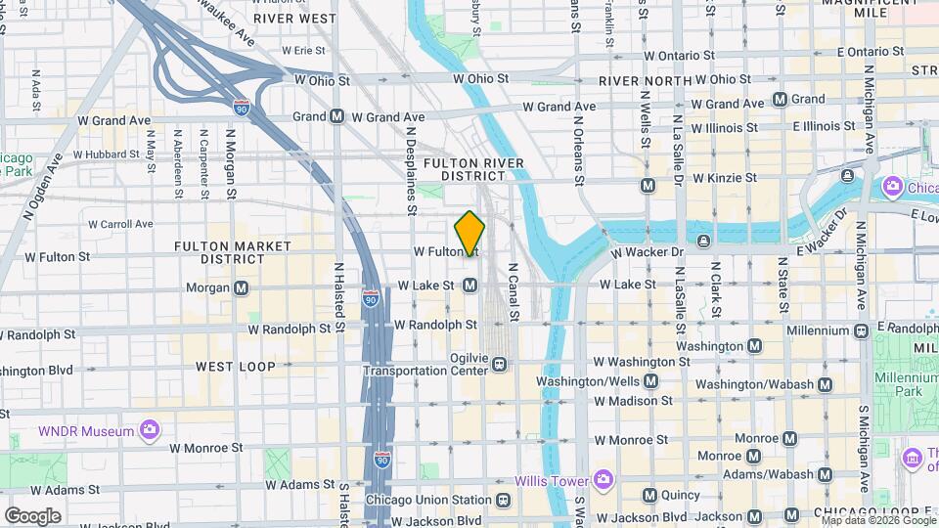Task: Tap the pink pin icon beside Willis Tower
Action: (603, 480)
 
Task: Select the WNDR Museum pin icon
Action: (149, 429)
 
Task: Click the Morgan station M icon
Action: (241, 287)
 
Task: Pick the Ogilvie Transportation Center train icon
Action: (500, 364)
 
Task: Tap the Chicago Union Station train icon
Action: (503, 500)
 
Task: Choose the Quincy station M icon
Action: (649, 495)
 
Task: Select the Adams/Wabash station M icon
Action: (824, 474)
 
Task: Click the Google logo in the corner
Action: (33, 515)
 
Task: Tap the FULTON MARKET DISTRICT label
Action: (220, 252)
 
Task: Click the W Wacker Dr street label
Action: (647, 252)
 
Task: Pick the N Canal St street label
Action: (512, 290)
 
